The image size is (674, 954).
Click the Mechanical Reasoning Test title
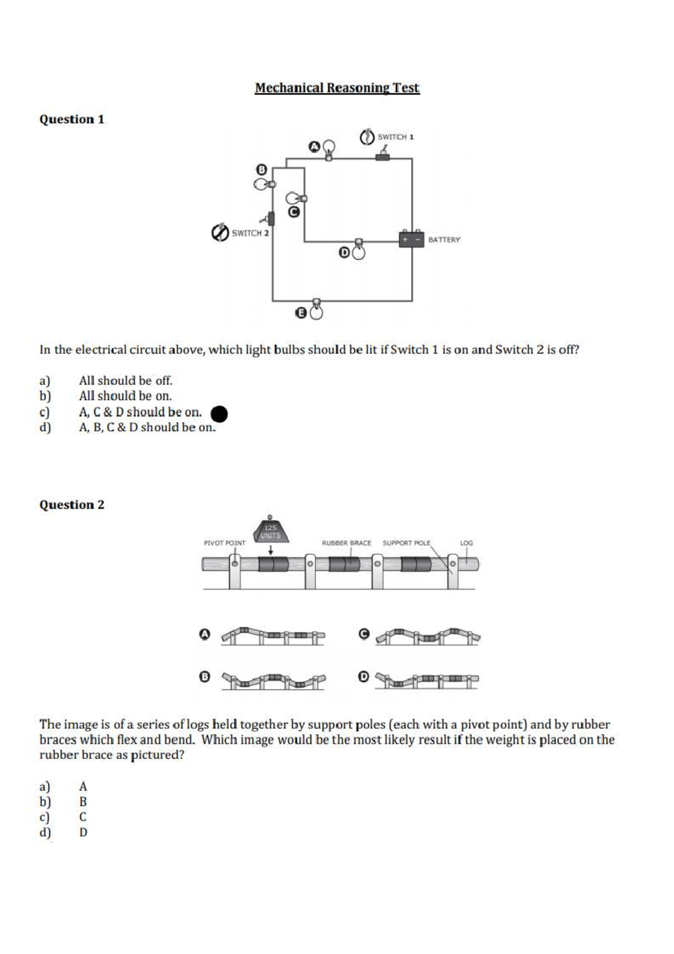337,88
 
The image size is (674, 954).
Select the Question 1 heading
71,119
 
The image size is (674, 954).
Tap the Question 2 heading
71,504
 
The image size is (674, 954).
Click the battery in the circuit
412,239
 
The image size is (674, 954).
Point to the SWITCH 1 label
395,137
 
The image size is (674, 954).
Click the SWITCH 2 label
250,233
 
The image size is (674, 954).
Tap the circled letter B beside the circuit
262,170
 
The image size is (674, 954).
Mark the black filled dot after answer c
219,414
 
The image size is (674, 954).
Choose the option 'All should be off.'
125,381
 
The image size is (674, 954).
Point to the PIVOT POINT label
224,543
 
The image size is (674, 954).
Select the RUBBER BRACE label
346,543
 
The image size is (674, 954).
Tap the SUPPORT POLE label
406,543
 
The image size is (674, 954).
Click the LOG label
466,543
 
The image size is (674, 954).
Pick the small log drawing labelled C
428,636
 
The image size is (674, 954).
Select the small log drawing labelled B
274,681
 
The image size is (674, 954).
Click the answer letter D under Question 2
83,832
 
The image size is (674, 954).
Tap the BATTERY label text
444,239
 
